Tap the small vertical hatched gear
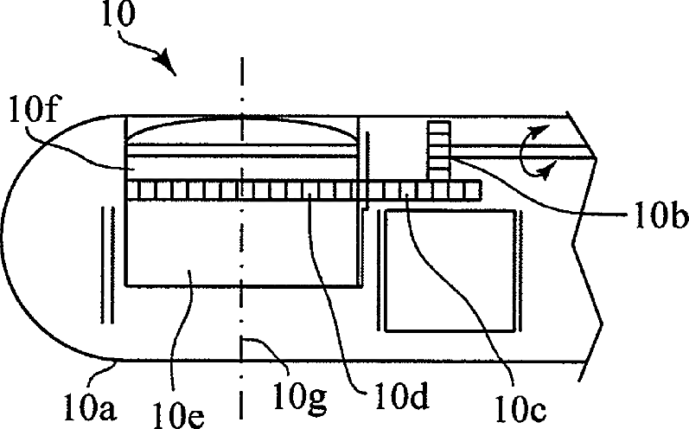[439, 151]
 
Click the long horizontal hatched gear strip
[303, 189]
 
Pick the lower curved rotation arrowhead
[545, 173]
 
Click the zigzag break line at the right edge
[588, 242]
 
